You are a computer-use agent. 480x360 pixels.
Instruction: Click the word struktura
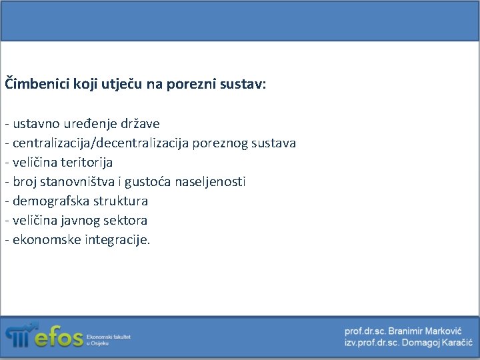(119, 201)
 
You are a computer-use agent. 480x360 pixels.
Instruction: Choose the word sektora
(126, 221)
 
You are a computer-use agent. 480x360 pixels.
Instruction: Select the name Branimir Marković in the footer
(426, 331)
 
